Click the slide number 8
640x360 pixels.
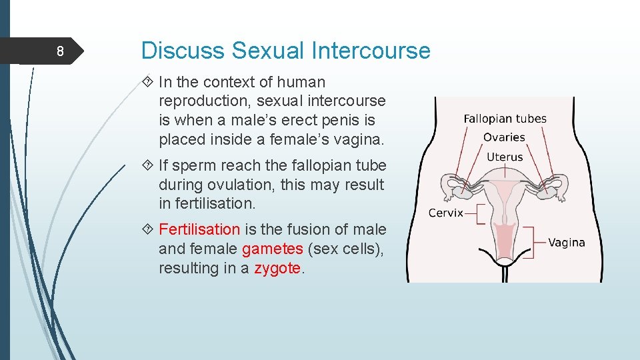pos(60,52)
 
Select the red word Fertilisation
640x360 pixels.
pos(199,229)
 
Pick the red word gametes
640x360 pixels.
pos(273,249)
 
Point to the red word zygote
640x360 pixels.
pos(277,268)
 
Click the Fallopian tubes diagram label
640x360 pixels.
pos(505,119)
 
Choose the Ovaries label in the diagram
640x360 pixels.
pos(505,137)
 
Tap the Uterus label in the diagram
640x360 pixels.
pos(505,157)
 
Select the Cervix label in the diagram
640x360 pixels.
pos(445,213)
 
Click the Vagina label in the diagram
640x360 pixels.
pos(567,243)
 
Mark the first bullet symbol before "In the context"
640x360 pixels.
pos(148,83)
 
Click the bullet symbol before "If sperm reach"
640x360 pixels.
pos(148,165)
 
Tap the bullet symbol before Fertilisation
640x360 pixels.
pos(148,230)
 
